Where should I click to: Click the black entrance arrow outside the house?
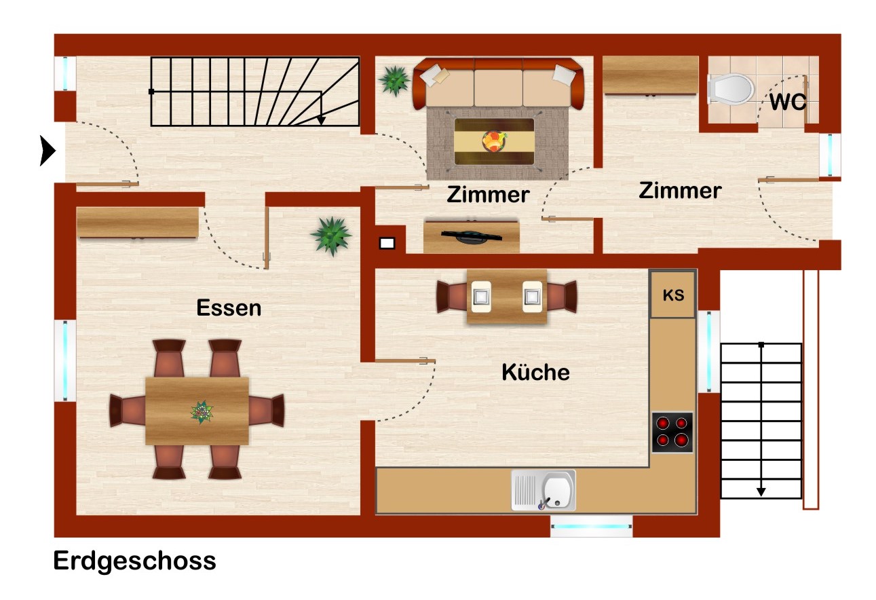47,151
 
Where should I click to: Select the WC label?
788,102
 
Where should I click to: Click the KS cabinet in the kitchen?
672,294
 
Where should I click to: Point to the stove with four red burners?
672,432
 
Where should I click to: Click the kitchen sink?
544,491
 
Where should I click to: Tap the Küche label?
535,371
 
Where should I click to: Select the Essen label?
229,307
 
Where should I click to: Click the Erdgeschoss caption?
134,561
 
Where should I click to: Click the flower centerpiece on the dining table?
202,412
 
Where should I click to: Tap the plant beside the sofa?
394,81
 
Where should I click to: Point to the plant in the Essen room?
331,236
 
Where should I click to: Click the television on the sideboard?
471,236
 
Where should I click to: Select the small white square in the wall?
387,243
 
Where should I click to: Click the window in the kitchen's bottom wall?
591,527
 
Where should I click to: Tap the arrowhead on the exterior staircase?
761,491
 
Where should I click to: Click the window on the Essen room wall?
65,360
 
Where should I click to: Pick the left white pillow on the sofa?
434,76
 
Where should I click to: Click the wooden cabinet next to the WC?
650,75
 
